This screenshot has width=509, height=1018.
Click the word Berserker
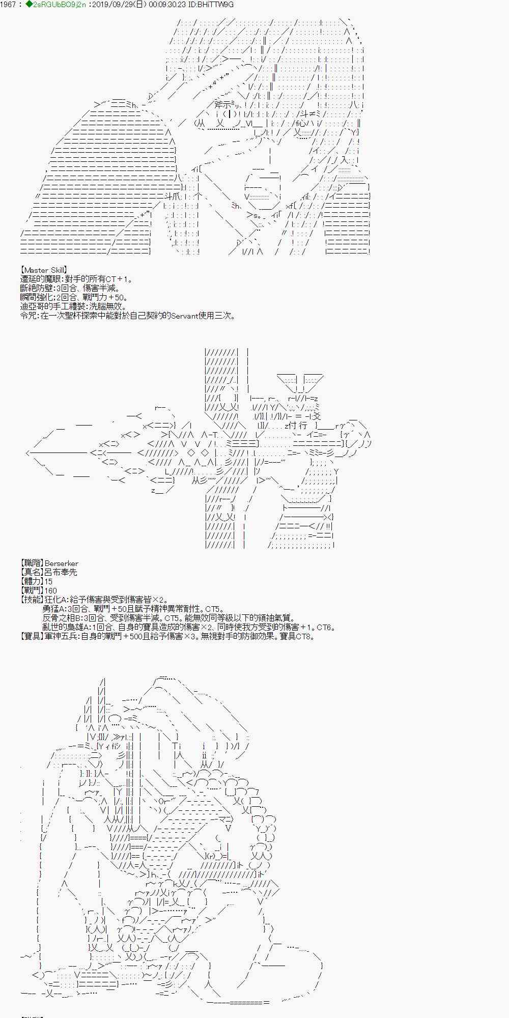click(x=61, y=563)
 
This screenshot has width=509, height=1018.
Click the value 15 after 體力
click(x=48, y=581)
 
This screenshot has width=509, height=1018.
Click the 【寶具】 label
click(x=31, y=636)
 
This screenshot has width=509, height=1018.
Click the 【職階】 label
click(x=31, y=563)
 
